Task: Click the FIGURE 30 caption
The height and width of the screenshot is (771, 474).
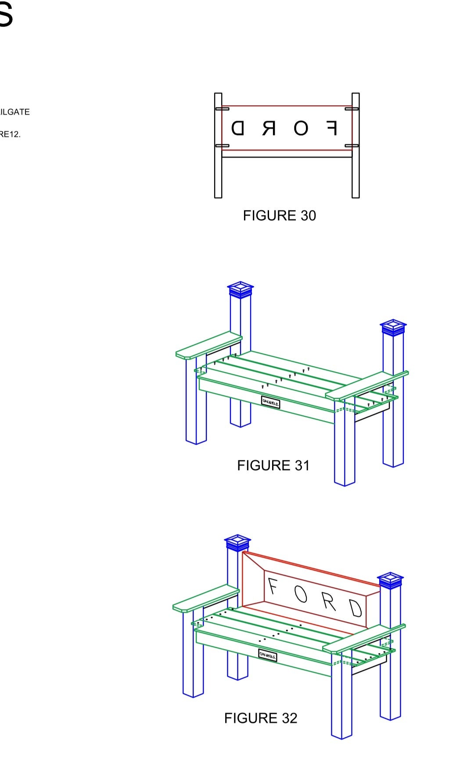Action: click(279, 215)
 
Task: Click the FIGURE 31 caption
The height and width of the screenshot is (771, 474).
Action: click(273, 465)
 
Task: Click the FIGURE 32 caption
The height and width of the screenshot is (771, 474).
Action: click(261, 718)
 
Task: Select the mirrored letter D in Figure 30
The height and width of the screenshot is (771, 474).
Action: click(237, 128)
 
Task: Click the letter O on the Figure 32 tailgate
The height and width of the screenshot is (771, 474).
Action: click(301, 594)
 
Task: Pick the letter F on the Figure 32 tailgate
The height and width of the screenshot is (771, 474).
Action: click(273, 586)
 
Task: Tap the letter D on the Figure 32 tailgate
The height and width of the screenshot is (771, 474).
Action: click(355, 608)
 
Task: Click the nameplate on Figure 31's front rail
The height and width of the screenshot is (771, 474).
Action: click(270, 402)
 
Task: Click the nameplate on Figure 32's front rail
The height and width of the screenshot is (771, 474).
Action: click(268, 656)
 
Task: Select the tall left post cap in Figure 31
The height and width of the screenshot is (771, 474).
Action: click(241, 290)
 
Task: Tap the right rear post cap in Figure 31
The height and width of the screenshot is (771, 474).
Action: click(393, 327)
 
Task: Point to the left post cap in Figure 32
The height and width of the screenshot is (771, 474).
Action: click(237, 543)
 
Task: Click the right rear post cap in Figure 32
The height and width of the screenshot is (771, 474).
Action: click(390, 580)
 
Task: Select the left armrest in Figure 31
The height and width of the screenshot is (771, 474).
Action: click(208, 346)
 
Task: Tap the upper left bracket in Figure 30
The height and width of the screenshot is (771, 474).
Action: click(222, 108)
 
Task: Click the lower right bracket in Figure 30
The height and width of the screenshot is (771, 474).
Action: click(352, 146)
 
